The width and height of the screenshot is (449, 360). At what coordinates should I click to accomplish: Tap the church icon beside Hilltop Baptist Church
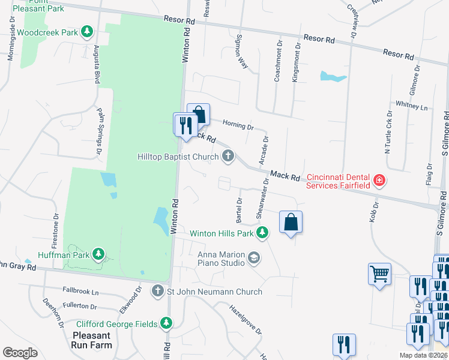[x=228, y=157]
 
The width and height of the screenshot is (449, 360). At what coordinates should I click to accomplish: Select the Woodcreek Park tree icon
[x=88, y=31]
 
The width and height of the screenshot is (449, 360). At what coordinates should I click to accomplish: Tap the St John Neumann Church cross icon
[x=158, y=292]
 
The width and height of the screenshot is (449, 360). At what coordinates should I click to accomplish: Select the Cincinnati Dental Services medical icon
[x=379, y=180]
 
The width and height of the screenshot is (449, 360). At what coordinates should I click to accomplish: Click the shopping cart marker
[x=379, y=274]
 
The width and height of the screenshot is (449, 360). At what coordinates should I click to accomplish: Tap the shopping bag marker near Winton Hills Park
[x=291, y=222]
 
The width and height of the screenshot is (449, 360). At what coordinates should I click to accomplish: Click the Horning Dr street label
[x=238, y=125]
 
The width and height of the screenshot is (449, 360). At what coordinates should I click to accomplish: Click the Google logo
[x=20, y=353]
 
